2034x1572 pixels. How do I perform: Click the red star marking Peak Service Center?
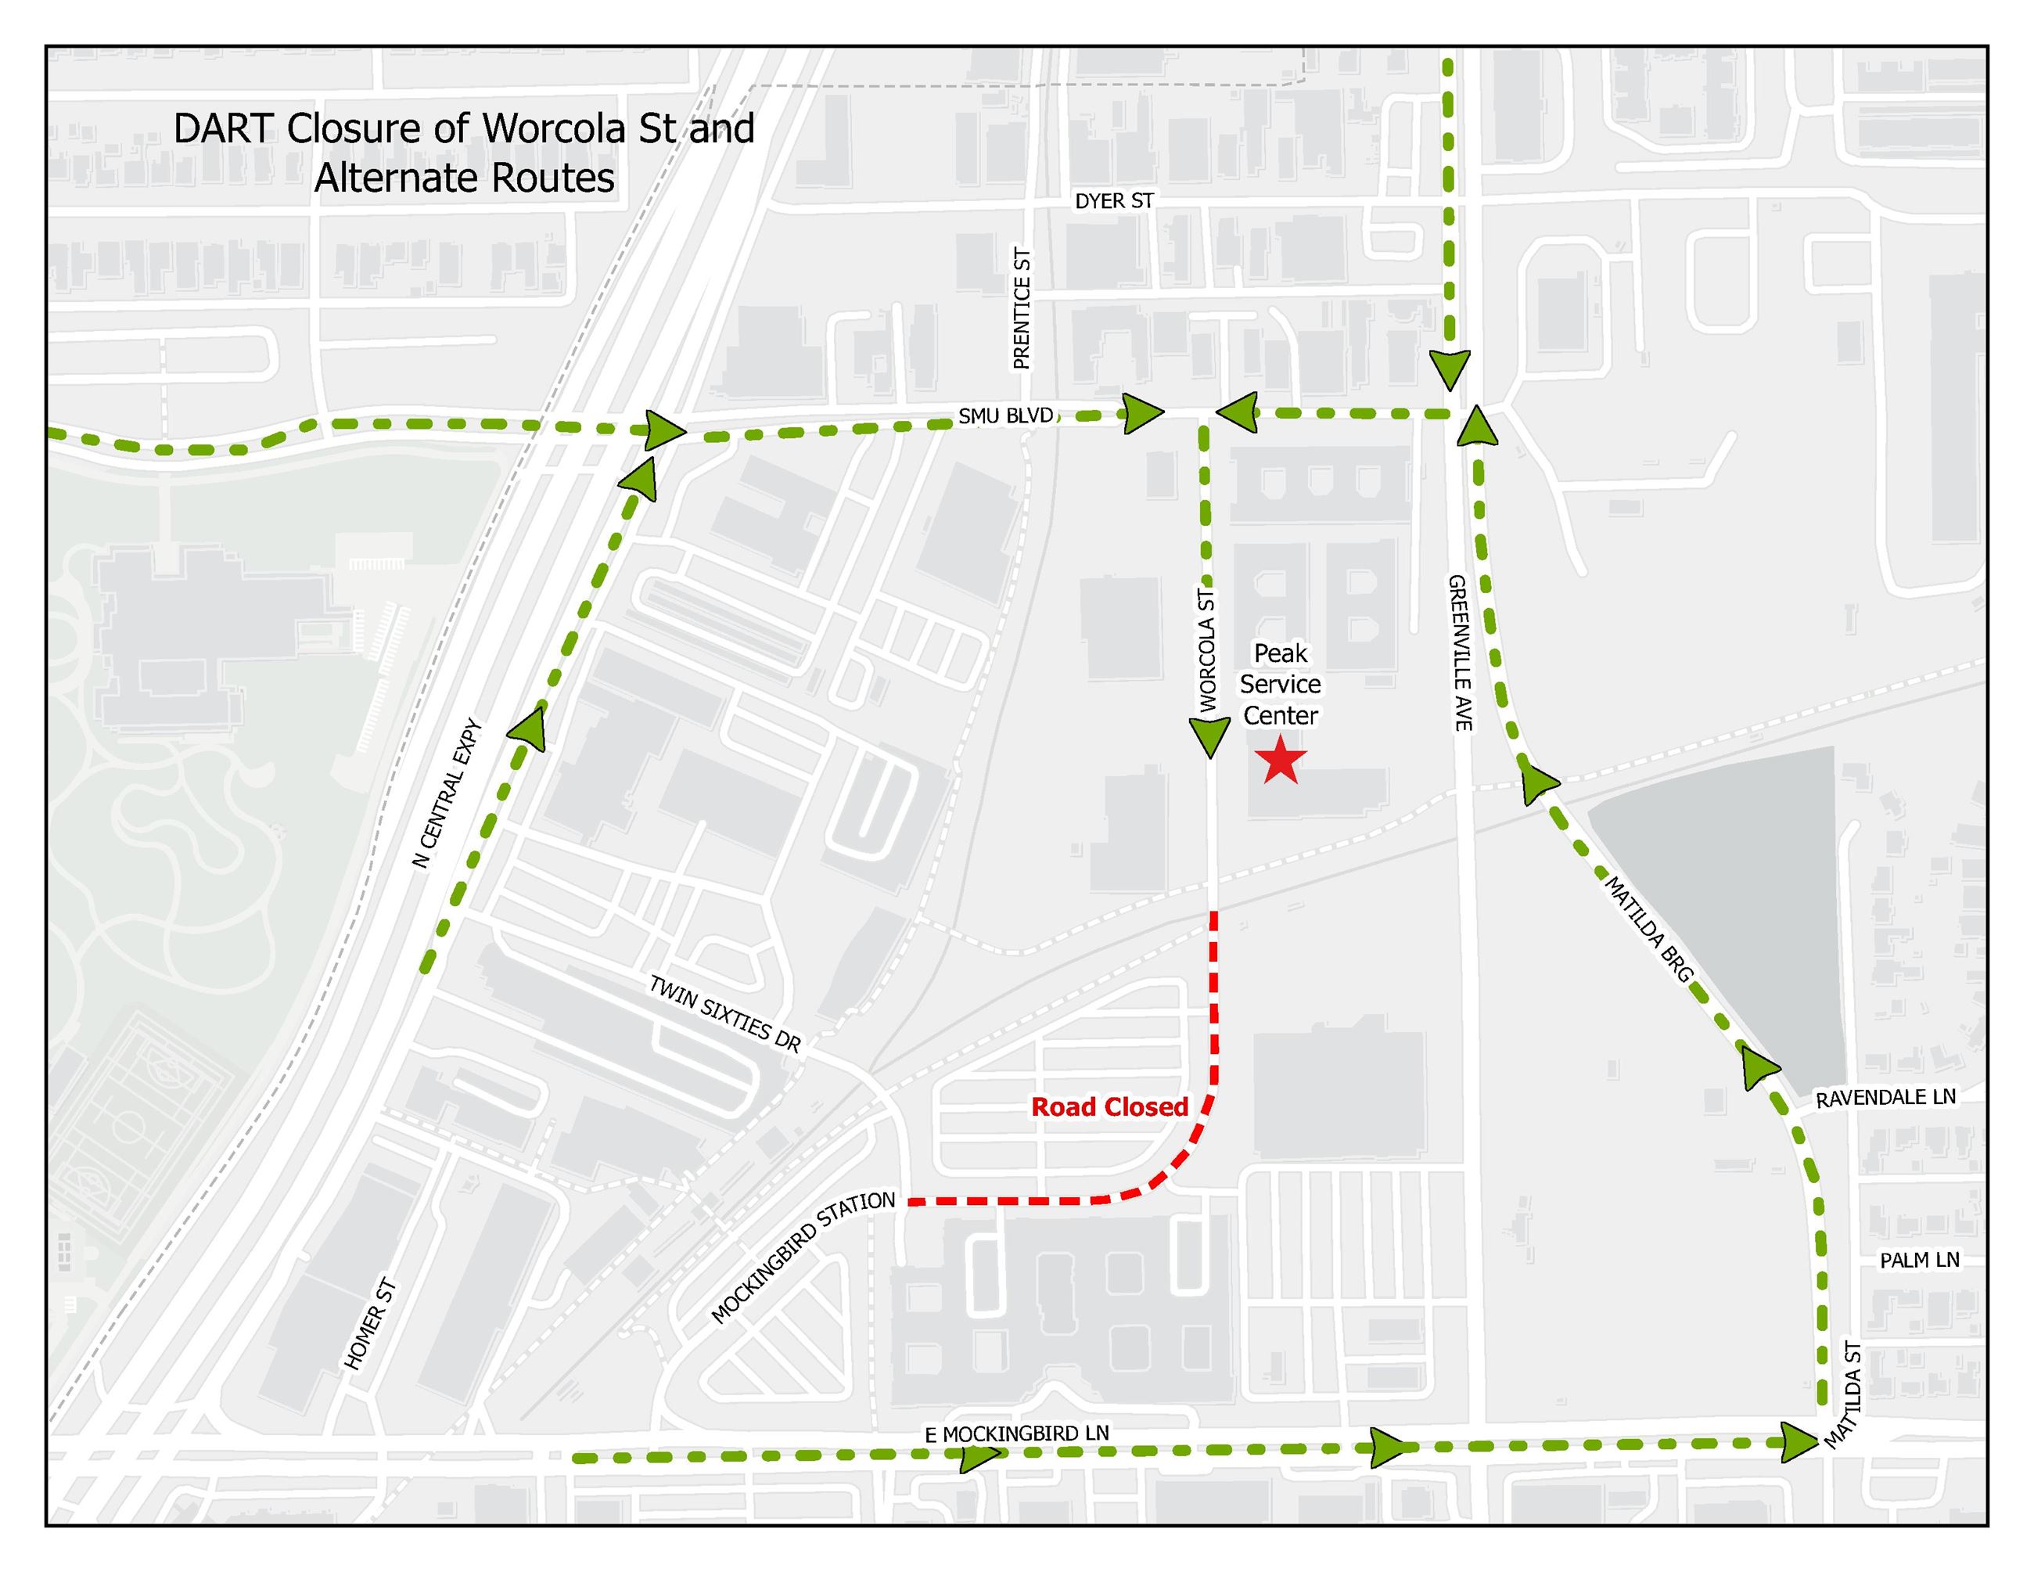click(1281, 760)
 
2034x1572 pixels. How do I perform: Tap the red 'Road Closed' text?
click(1109, 1107)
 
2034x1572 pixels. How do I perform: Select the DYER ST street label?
click(1114, 201)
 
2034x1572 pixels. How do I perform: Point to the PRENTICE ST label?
click(1022, 308)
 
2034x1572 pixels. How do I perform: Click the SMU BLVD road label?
click(1006, 416)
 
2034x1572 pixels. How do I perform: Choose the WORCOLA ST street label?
click(1207, 650)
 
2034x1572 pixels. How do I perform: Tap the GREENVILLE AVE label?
click(1459, 653)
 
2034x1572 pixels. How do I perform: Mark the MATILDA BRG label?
click(1648, 929)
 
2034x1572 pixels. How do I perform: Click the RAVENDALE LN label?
click(1886, 1098)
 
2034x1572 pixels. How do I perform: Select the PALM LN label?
click(1920, 1261)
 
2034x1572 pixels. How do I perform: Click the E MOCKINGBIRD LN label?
click(1017, 1434)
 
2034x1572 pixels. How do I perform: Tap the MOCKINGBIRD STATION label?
click(803, 1257)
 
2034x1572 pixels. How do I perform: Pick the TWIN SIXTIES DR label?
click(724, 1013)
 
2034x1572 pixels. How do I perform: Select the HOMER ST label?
click(371, 1323)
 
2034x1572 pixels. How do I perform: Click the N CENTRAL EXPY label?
click(446, 793)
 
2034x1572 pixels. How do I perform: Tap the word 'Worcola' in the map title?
click(554, 128)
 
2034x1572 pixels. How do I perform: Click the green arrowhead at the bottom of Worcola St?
click(1209, 738)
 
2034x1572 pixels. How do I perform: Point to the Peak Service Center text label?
click(1281, 685)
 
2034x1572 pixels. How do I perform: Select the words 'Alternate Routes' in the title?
click(465, 178)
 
